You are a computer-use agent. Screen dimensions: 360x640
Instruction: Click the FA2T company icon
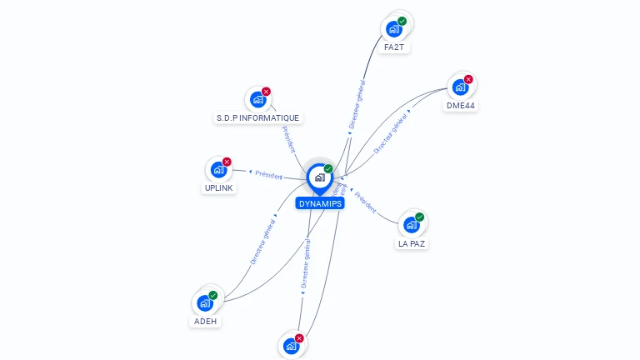[x=393, y=29]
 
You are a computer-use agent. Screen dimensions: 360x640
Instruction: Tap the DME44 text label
[x=460, y=106]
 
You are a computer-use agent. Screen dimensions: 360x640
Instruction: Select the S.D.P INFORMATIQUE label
[x=257, y=118]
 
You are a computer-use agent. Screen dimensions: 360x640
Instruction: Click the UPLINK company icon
[x=218, y=170]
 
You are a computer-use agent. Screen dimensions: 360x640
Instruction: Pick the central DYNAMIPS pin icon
[x=319, y=177]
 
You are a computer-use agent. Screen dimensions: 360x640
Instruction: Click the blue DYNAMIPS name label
[x=319, y=203]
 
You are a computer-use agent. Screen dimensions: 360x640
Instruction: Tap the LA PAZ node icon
[x=412, y=225]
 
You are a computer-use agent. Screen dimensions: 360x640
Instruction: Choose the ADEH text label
[x=206, y=321]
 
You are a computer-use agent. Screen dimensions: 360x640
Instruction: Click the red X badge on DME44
[x=468, y=79]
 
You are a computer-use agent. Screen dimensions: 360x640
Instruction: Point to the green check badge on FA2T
[x=402, y=21]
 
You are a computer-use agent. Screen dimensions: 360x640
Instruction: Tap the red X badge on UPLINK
[x=227, y=162]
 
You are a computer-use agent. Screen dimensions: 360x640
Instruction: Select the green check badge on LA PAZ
[x=420, y=217]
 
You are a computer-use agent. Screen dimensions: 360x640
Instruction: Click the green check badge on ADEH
[x=213, y=295]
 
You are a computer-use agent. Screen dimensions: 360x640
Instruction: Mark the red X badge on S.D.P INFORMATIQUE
[x=266, y=91]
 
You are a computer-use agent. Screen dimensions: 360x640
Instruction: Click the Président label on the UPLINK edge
[x=268, y=175]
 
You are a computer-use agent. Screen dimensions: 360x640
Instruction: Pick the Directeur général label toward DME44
[x=391, y=133]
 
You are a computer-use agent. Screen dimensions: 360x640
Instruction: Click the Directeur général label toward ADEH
[x=263, y=242]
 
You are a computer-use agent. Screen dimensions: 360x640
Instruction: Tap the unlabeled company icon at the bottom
[x=291, y=346]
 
